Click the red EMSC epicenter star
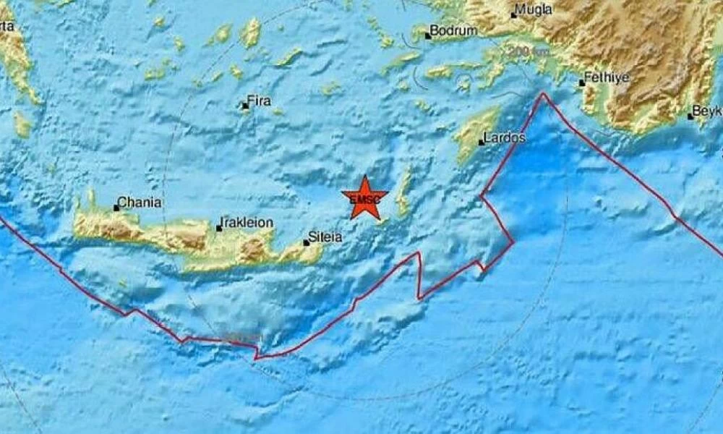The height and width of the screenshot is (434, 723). pyautogui.click(x=364, y=197)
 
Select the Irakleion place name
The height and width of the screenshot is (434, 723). pyautogui.click(x=248, y=223)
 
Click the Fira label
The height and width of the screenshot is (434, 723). pyautogui.click(x=260, y=101)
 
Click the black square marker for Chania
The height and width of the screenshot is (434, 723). pyautogui.click(x=116, y=208)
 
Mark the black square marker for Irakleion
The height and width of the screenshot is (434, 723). pyautogui.click(x=219, y=229)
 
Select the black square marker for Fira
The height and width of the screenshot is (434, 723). pyautogui.click(x=245, y=106)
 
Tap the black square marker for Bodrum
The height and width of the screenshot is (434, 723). pyautogui.click(x=428, y=35)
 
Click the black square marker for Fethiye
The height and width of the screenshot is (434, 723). pyautogui.click(x=581, y=83)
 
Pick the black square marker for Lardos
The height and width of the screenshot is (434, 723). pyautogui.click(x=482, y=142)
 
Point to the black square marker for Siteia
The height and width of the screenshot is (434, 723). pyautogui.click(x=307, y=242)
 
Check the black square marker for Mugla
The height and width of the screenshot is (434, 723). pyautogui.click(x=514, y=14)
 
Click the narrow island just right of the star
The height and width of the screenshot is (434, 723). pyautogui.click(x=404, y=192)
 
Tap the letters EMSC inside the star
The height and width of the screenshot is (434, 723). pyautogui.click(x=362, y=199)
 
